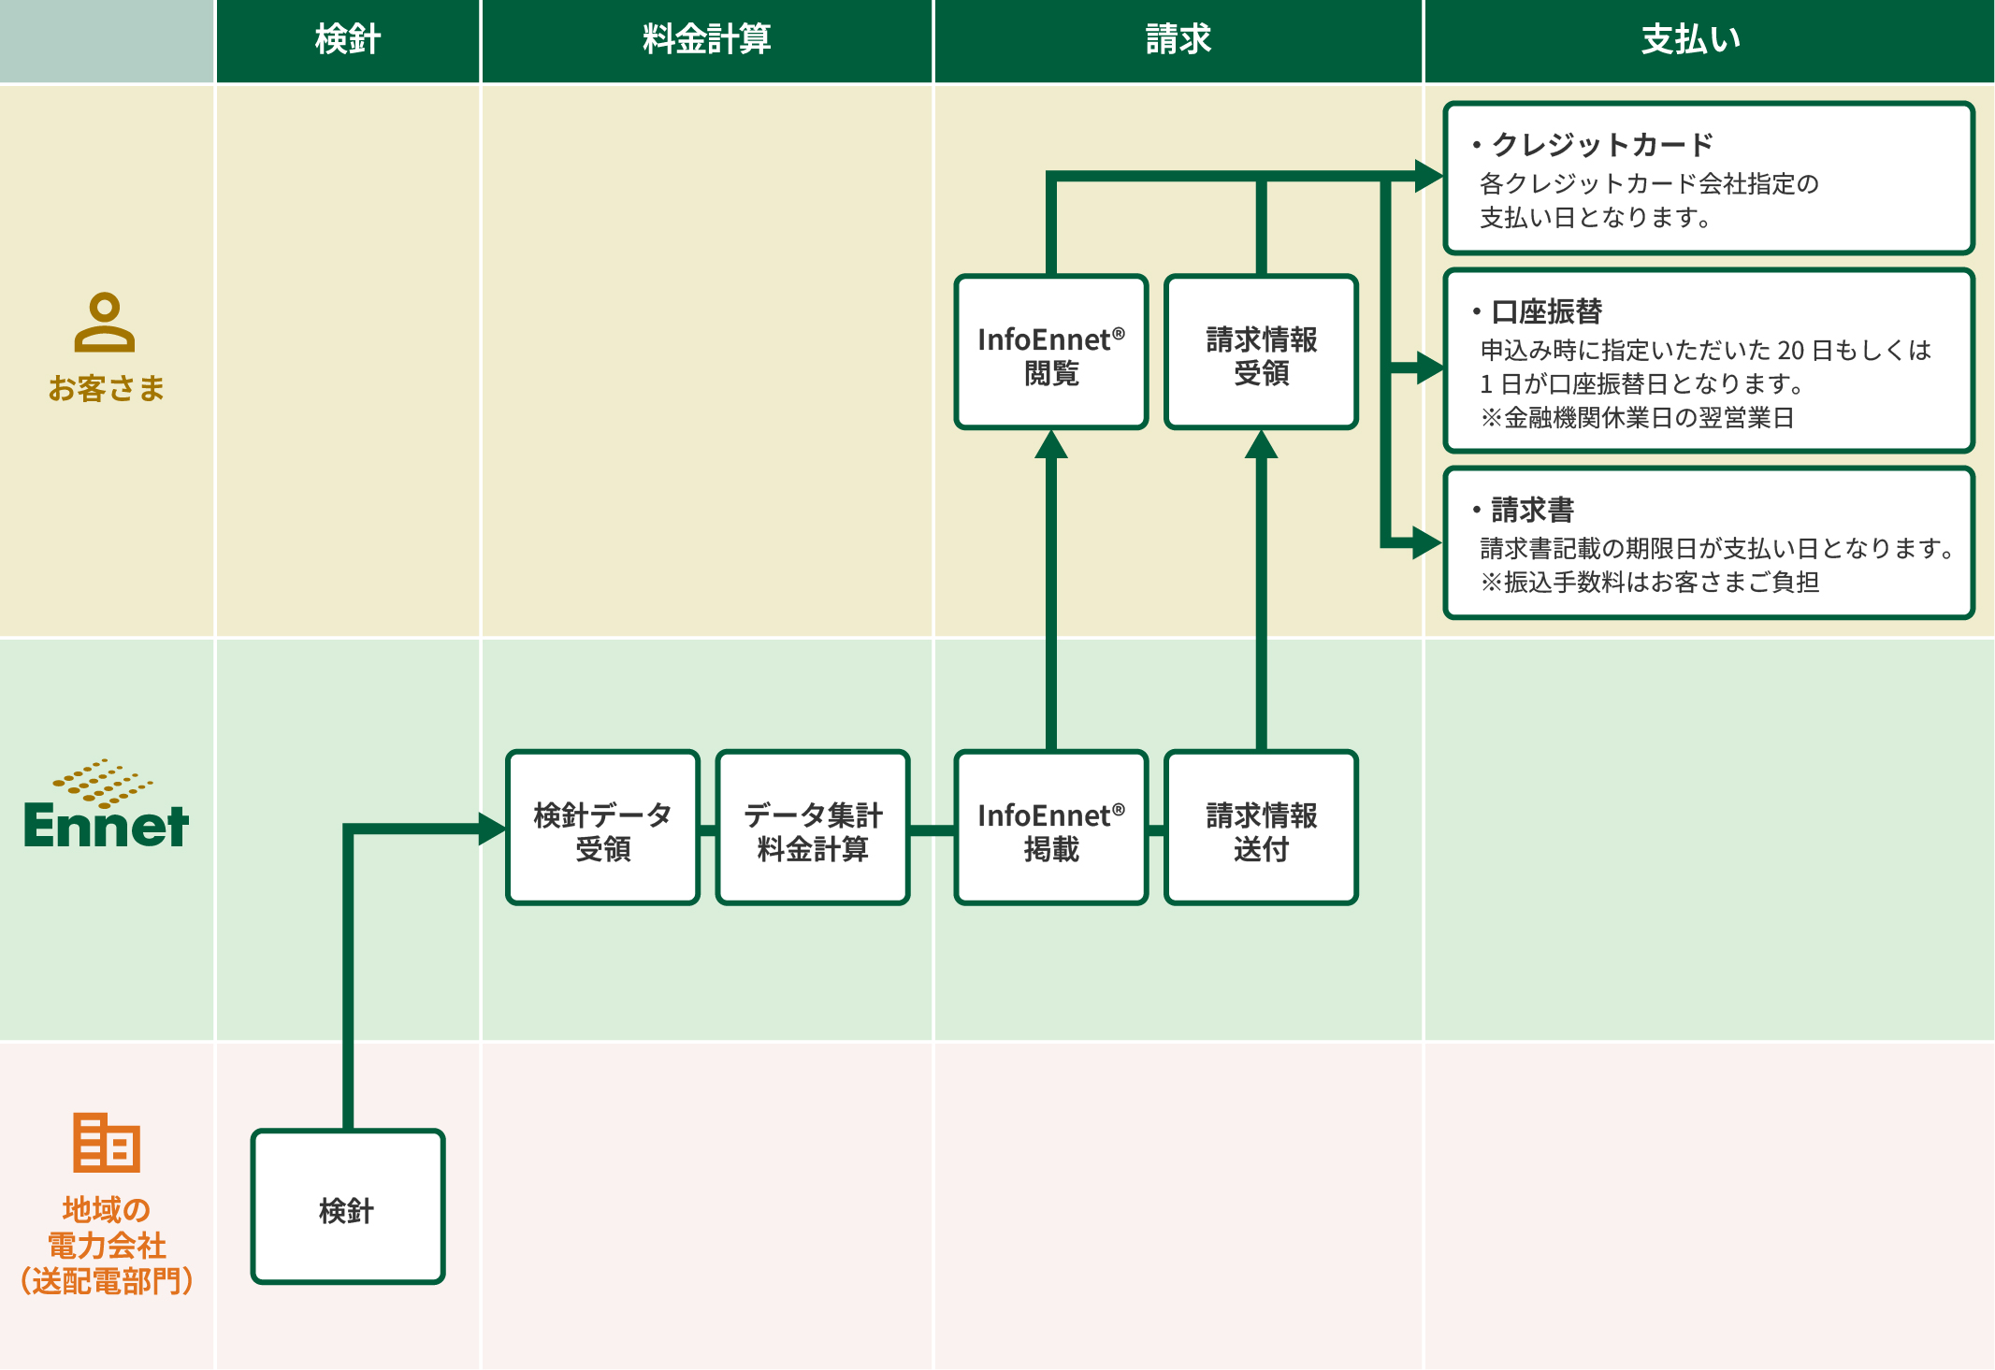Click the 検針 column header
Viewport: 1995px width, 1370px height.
coord(347,40)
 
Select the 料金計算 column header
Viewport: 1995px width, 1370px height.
coord(706,40)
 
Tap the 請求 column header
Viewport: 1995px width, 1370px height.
coord(1178,40)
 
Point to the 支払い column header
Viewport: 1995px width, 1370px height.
coord(1690,40)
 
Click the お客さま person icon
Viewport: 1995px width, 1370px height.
coord(105,323)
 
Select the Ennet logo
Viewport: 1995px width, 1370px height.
coord(106,805)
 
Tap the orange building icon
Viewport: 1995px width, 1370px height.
coord(107,1142)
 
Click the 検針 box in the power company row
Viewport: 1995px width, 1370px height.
coord(348,1206)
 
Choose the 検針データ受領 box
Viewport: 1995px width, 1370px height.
coord(603,829)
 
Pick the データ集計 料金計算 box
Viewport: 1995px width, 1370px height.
coord(813,829)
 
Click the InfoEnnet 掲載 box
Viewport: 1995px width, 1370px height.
coord(1051,829)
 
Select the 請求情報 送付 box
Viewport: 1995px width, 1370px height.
coord(1261,829)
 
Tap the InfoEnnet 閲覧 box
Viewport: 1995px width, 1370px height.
coord(1051,353)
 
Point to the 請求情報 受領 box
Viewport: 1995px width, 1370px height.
coord(1261,353)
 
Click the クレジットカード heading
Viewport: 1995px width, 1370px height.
coord(1601,145)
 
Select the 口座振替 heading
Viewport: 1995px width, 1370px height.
coord(1546,311)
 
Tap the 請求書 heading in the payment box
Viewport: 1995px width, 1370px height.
coord(1532,510)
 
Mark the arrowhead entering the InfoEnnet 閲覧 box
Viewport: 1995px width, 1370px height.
coord(1051,444)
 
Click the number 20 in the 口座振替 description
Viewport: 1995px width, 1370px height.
coord(1790,351)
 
